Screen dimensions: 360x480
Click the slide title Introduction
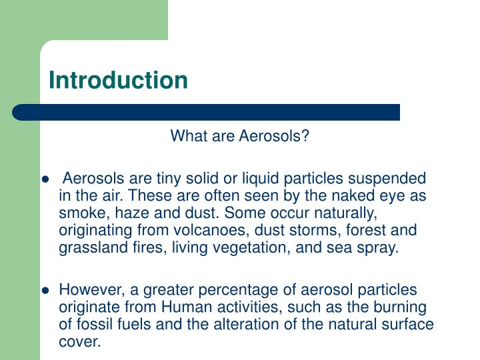(118, 80)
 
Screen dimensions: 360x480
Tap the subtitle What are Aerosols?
(240, 137)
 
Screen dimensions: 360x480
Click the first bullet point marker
(45, 180)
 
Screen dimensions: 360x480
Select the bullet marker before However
(45, 291)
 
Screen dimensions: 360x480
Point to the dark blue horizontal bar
(207, 112)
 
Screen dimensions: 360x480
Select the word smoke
(79, 213)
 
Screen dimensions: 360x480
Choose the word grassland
(88, 248)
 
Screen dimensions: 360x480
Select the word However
(87, 290)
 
